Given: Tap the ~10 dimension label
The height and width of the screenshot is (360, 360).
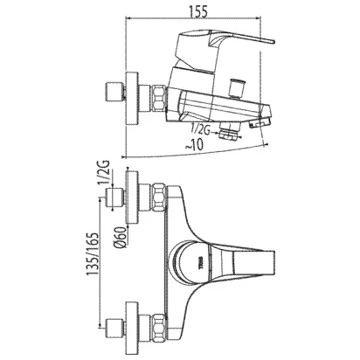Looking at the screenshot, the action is click(x=194, y=144).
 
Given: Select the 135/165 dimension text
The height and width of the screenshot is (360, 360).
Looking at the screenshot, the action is click(x=92, y=254).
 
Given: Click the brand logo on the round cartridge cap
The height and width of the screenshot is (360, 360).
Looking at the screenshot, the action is click(x=200, y=259).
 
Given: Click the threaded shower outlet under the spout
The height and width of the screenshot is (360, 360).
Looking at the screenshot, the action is click(x=229, y=130).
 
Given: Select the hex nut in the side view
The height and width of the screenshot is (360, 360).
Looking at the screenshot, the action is click(x=158, y=98).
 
